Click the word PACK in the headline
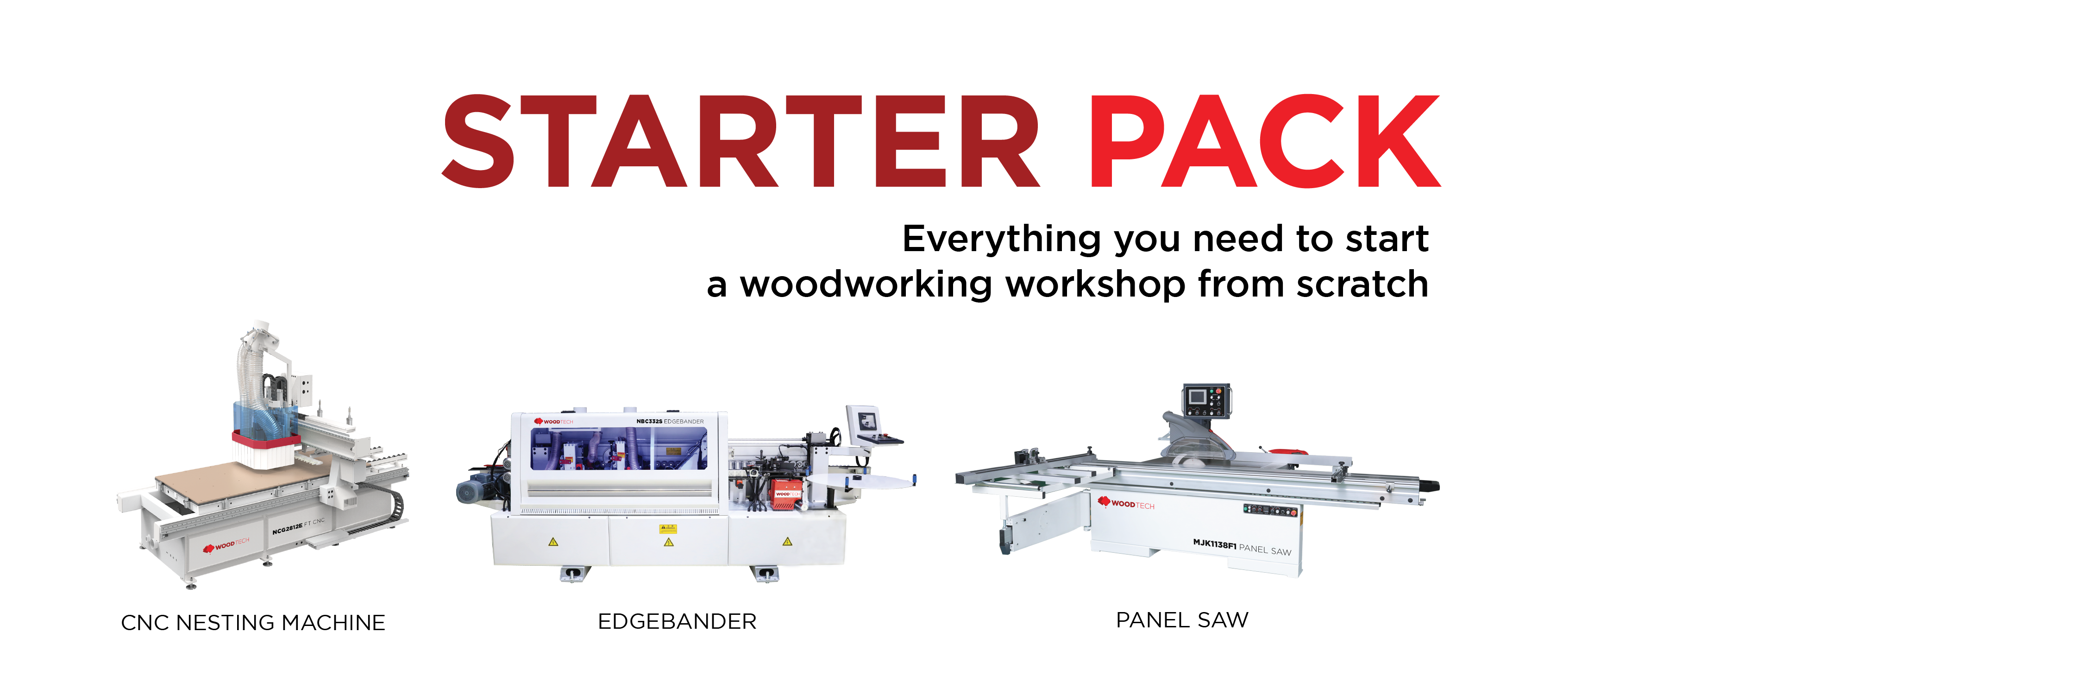[1264, 142]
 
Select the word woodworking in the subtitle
[866, 284]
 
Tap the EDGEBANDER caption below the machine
[677, 621]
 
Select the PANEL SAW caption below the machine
[1182, 620]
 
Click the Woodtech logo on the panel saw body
[1126, 503]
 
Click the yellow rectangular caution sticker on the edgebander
[668, 528]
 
